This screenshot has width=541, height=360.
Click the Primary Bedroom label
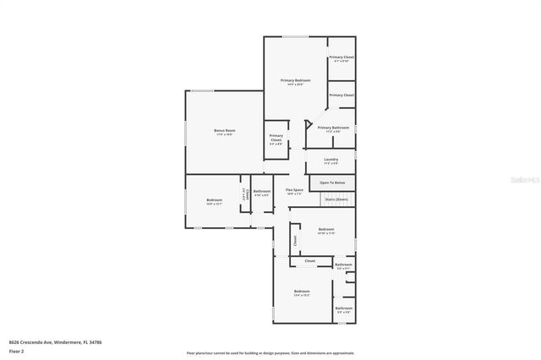[296, 81]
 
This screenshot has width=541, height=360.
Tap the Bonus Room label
[224, 131]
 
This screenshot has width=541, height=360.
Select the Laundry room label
[331, 160]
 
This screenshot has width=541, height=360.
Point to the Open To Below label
[332, 182]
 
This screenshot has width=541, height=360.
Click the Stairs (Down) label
[336, 199]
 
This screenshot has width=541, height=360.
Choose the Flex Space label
[294, 191]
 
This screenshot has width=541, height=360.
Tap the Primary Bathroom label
[330, 128]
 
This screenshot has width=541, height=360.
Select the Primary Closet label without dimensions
[342, 95]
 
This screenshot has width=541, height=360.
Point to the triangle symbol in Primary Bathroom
[309, 124]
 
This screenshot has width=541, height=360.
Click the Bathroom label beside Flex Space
[262, 192]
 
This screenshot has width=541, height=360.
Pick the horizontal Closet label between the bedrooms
[310, 261]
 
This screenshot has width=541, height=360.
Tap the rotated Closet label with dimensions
[246, 194]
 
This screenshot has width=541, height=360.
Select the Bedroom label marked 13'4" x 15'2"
[302, 292]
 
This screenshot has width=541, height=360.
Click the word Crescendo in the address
[38, 342]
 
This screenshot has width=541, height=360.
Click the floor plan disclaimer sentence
[270, 352]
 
